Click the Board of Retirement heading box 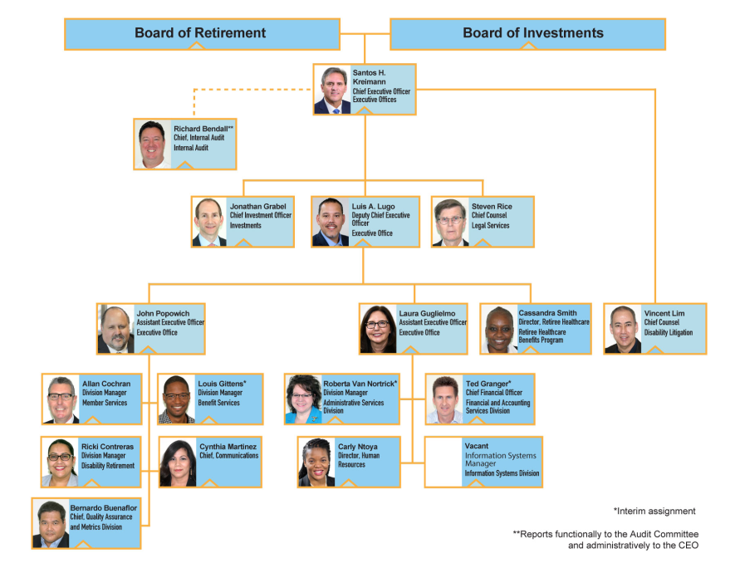(202, 34)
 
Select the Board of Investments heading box (528, 34)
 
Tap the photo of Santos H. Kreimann (332, 90)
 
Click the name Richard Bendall (201, 129)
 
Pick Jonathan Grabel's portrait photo (209, 223)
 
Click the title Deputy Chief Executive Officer (380, 219)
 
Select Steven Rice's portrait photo (450, 223)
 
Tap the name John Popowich (163, 313)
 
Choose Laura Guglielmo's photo (378, 329)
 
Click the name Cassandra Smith (547, 312)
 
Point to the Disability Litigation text (668, 333)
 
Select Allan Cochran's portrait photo (61, 399)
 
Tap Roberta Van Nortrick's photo (303, 399)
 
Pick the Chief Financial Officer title (493, 393)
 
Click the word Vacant (476, 446)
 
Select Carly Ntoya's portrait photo (317, 463)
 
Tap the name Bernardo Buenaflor (104, 507)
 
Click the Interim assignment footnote (654, 511)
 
